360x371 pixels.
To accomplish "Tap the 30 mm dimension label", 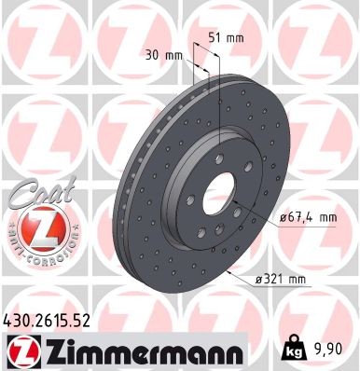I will coord(164,54).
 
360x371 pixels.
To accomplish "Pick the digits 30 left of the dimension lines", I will coord(155,54).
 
